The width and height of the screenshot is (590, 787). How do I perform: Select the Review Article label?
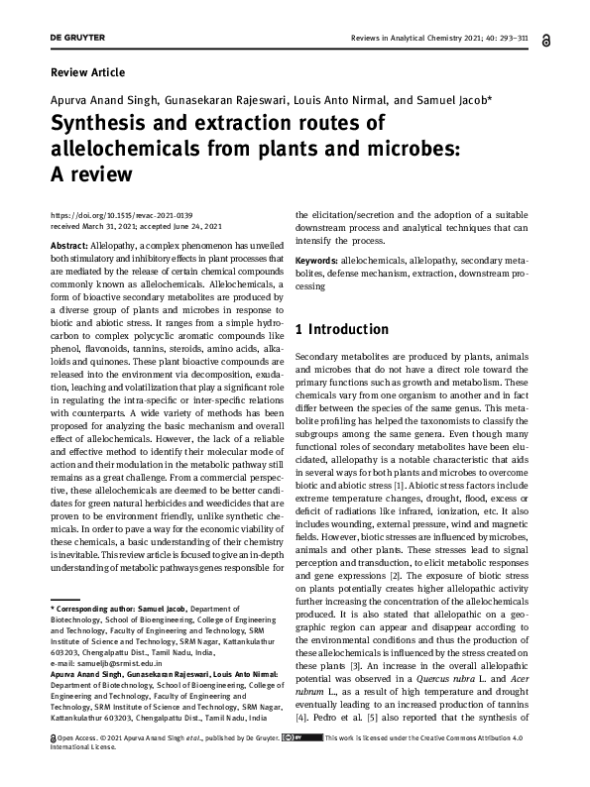[87, 72]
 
